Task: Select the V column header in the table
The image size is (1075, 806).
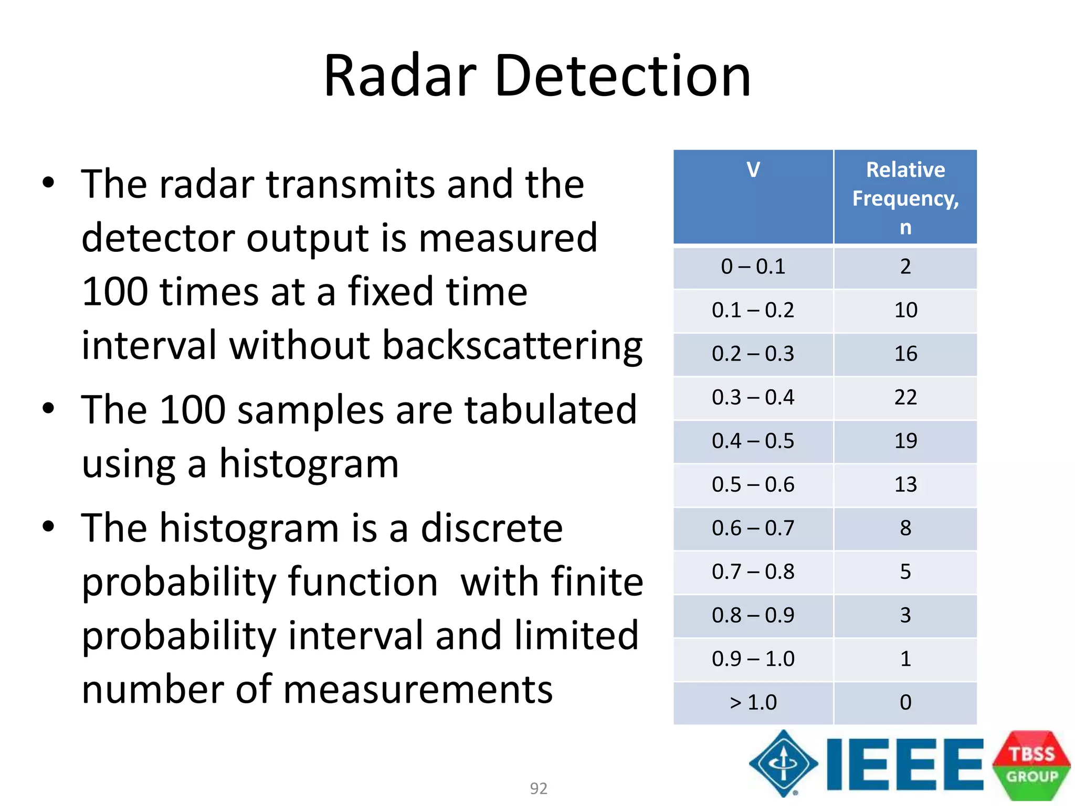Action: tap(753, 170)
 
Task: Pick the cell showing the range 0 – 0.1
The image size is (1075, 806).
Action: tap(753, 267)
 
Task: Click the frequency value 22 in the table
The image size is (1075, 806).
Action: tap(905, 398)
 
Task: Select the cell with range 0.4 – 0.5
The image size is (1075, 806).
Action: tap(753, 441)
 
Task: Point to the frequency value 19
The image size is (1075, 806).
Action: tap(905, 441)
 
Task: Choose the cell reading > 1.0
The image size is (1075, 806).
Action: tap(753, 703)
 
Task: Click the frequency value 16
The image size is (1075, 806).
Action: tap(905, 354)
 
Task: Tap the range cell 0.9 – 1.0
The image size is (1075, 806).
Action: tap(753, 659)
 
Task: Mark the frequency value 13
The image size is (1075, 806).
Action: tap(905, 485)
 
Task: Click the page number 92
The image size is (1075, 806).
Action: tap(538, 788)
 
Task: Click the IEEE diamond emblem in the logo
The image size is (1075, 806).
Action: tap(783, 763)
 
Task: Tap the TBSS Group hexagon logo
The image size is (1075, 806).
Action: tap(1031, 765)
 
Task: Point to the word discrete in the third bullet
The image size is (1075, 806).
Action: tap(491, 529)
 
